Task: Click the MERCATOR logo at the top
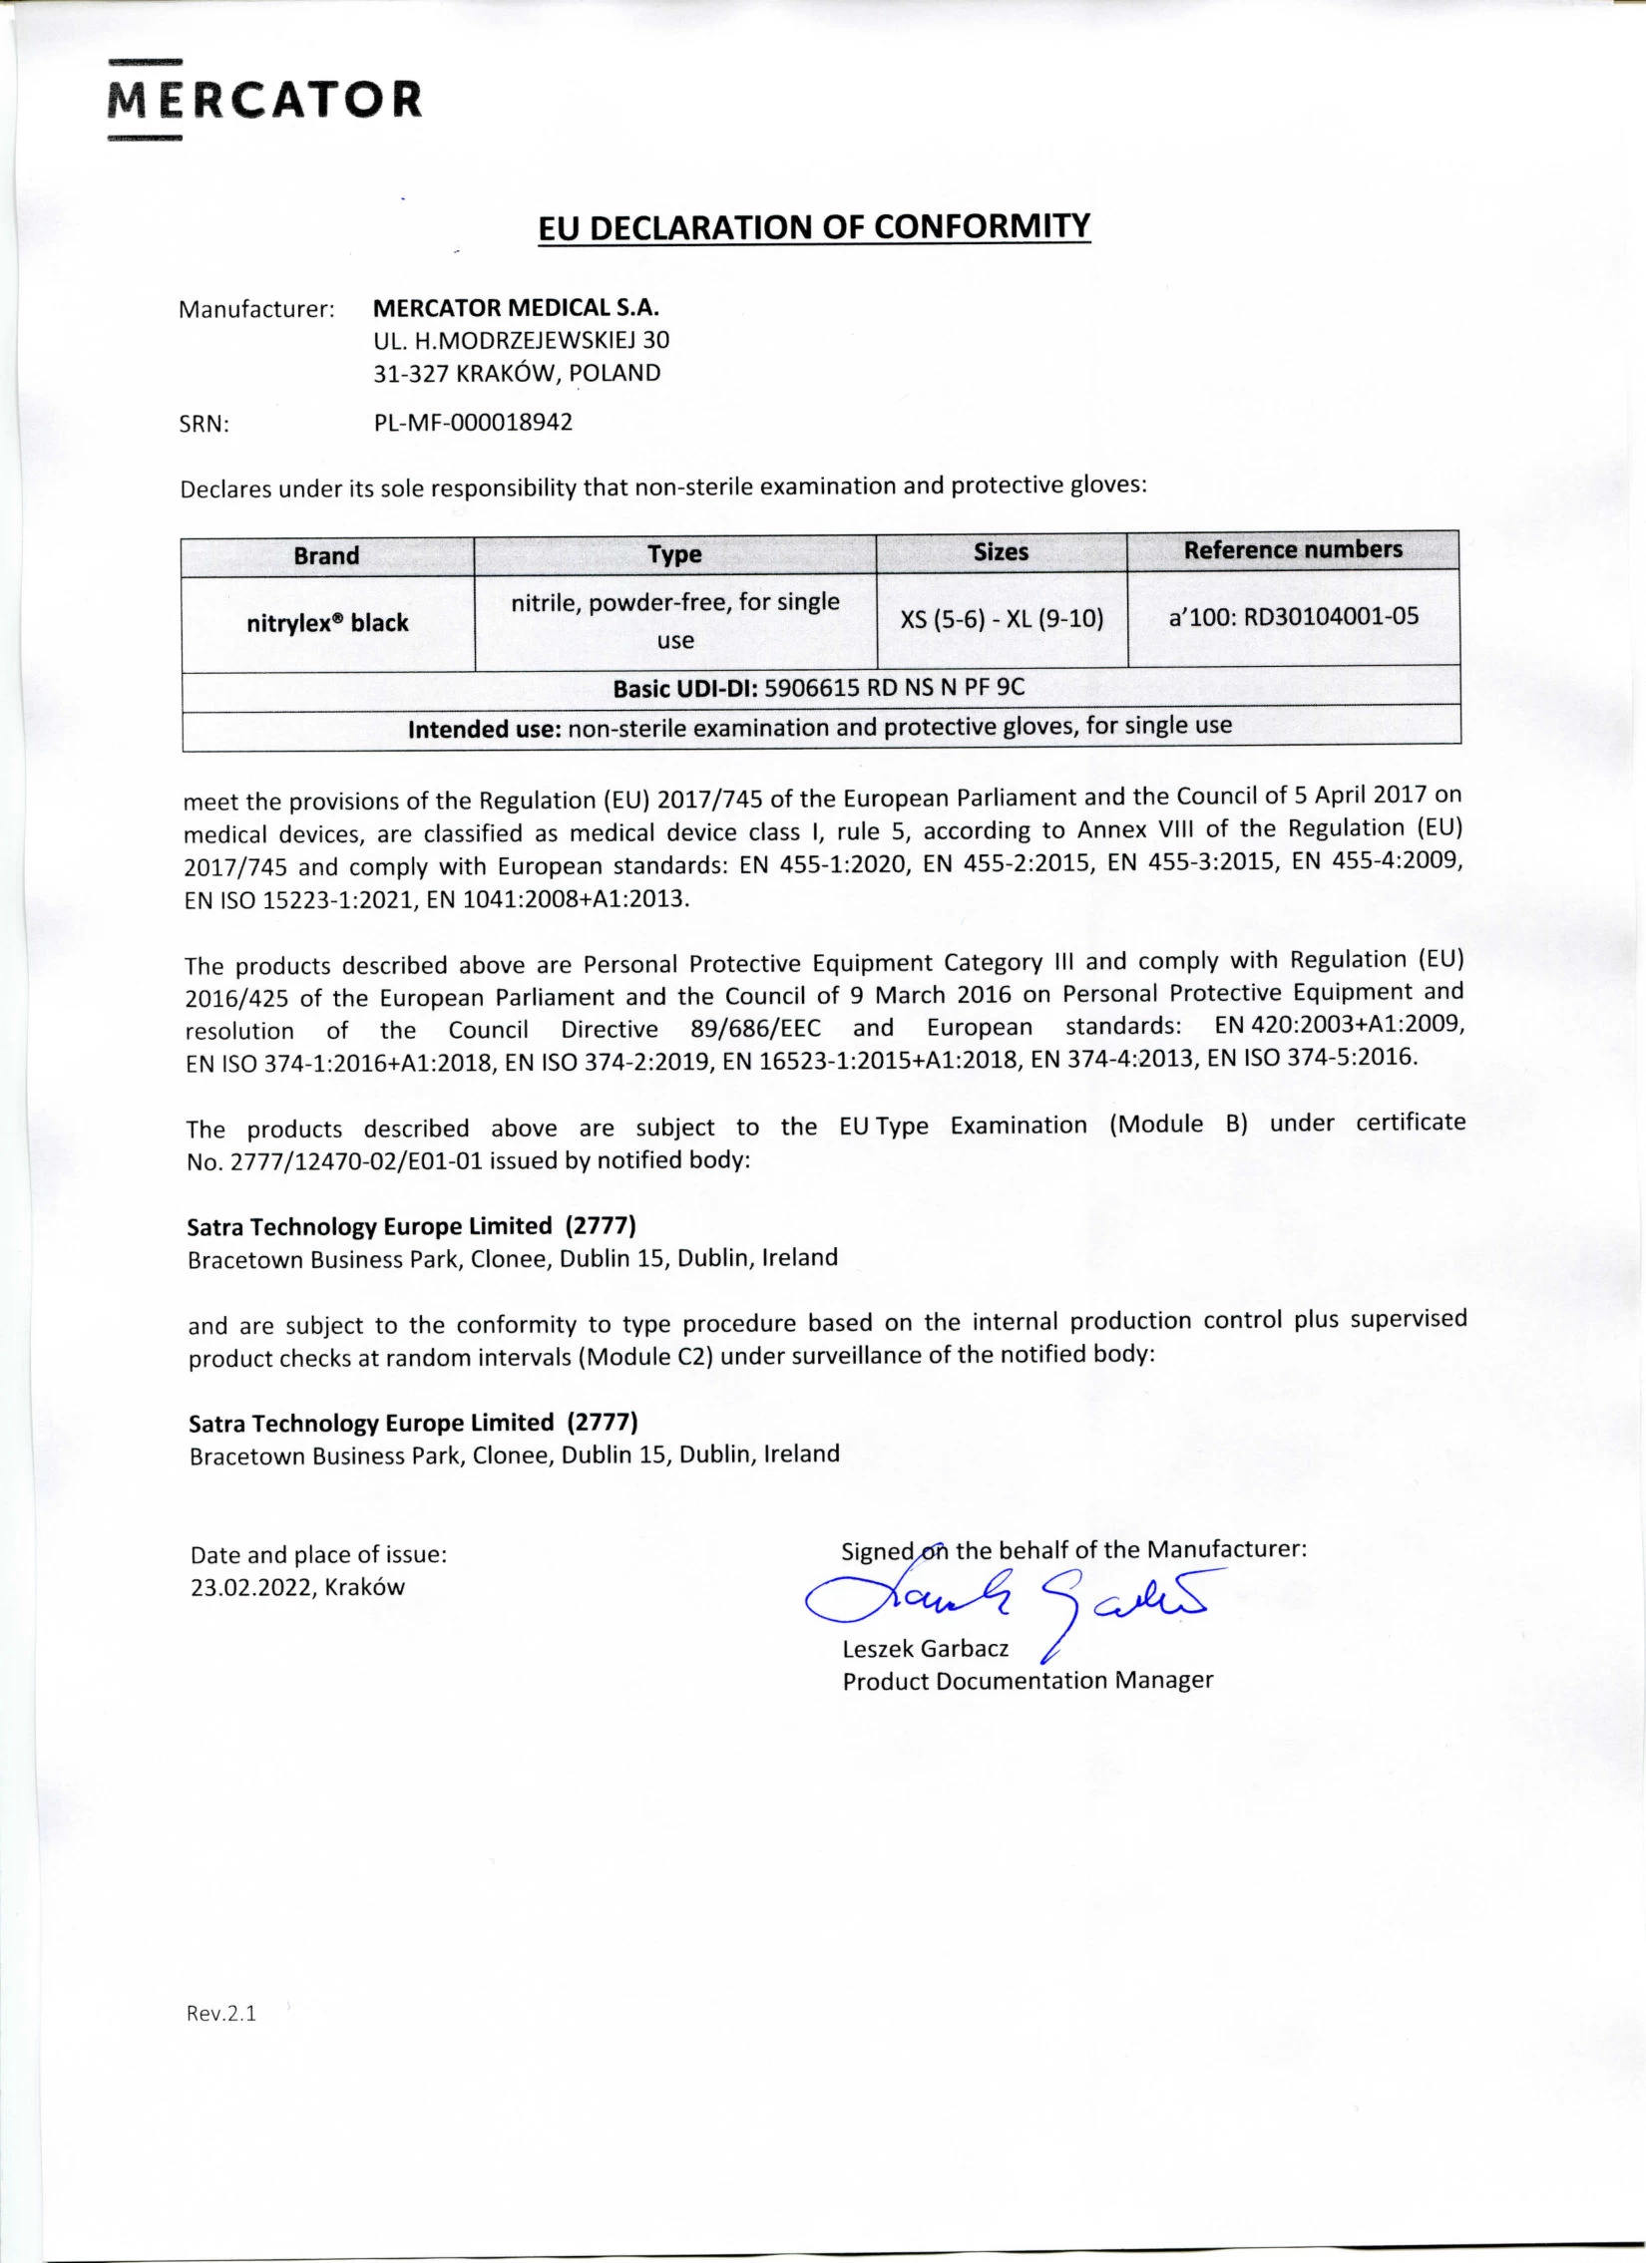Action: [264, 101]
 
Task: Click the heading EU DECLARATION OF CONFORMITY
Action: [813, 227]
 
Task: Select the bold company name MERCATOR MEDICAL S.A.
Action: [515, 307]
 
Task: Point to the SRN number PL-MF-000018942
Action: [473, 422]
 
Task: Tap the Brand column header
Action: [326, 555]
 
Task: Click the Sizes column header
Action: [1001, 551]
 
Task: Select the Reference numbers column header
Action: [1293, 549]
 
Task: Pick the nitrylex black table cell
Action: [327, 623]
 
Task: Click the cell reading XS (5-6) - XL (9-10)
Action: [1002, 619]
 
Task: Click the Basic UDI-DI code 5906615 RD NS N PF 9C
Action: [895, 688]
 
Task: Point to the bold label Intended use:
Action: [484, 730]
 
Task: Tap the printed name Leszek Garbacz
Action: [926, 1648]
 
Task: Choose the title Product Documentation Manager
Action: [1028, 1680]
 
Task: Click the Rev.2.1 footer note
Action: [221, 2013]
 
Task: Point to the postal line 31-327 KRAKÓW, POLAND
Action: [517, 373]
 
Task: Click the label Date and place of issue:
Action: [318, 1553]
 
